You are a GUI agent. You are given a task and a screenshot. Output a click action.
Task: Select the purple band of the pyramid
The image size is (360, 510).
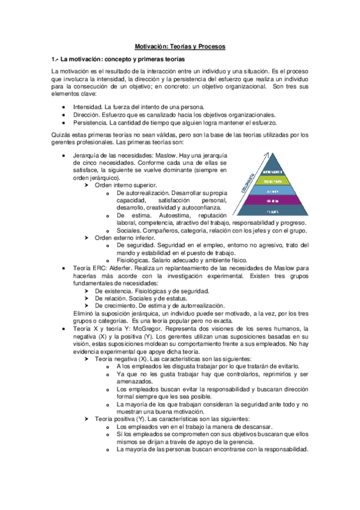[273, 200]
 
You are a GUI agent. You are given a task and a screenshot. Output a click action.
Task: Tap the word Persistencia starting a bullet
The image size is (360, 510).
[90, 122]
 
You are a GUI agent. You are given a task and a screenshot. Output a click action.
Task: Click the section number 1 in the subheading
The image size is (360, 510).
[54, 59]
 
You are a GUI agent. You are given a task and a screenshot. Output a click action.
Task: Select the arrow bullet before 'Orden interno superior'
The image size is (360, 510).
[88, 185]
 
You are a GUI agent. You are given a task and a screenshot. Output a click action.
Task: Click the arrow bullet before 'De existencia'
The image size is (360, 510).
[88, 290]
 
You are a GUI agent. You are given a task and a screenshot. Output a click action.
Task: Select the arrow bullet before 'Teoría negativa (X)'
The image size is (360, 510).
[88, 358]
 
